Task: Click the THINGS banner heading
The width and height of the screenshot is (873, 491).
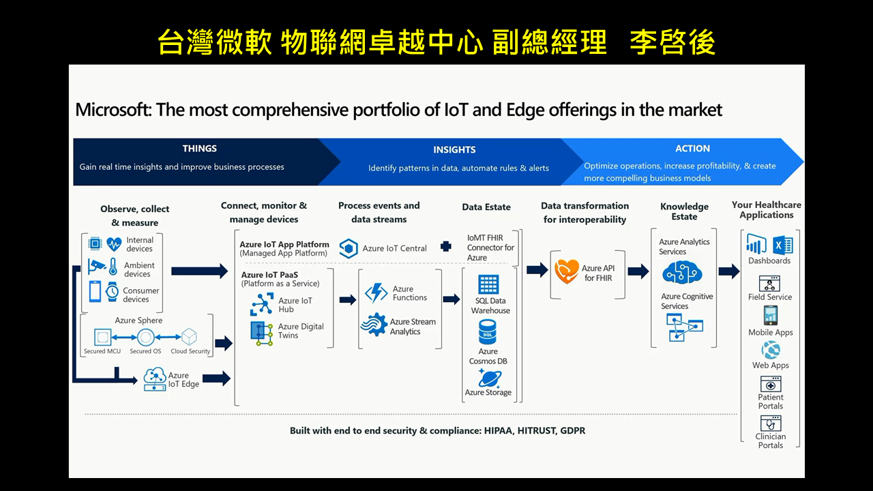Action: click(200, 149)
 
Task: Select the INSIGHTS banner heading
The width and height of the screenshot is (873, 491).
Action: click(454, 149)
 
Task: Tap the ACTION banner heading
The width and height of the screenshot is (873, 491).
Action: click(692, 149)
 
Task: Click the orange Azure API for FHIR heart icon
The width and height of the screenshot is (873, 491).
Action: click(566, 271)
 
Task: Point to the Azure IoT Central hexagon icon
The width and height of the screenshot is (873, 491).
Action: click(349, 248)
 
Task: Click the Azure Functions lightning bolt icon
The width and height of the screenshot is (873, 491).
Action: click(376, 293)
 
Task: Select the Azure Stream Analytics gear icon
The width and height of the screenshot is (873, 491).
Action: click(374, 325)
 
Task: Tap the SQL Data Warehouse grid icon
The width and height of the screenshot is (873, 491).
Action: click(488, 284)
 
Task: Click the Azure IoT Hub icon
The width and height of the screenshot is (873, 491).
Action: click(261, 304)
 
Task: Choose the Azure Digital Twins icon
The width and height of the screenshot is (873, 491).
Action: click(261, 333)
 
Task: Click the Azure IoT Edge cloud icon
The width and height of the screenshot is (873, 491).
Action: click(155, 378)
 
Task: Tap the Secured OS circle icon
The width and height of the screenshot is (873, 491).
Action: click(146, 337)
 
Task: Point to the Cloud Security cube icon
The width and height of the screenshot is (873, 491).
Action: click(190, 337)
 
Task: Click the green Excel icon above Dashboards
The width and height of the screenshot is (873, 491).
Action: click(783, 245)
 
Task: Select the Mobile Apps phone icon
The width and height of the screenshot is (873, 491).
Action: click(771, 315)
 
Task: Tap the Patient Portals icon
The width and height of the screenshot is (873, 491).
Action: click(771, 384)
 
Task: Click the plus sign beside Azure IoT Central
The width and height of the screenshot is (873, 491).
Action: click(446, 246)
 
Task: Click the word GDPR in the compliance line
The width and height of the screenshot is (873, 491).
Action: click(572, 430)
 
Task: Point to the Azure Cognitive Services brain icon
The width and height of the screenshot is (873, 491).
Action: click(683, 272)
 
